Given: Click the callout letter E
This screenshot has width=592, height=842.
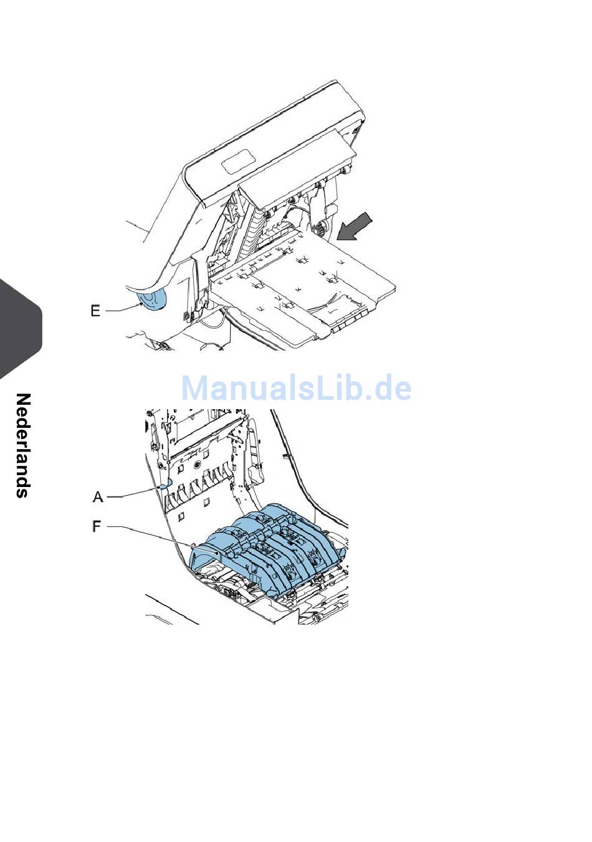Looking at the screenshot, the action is tap(95, 310).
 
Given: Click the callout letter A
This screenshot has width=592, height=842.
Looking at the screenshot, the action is tap(98, 496).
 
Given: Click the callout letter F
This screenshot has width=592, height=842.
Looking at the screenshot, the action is tap(97, 527).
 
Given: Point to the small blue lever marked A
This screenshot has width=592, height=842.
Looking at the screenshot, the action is tap(166, 484).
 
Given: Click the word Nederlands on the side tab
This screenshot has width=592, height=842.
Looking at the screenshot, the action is tap(22, 445).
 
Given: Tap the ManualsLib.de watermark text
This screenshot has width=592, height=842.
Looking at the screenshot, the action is tap(296, 388).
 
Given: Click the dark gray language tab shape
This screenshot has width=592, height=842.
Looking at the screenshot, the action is tap(19, 330).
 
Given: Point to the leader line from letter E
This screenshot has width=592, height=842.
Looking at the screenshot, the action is tap(122, 308).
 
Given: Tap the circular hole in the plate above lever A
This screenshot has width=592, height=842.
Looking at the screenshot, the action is tap(197, 465).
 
